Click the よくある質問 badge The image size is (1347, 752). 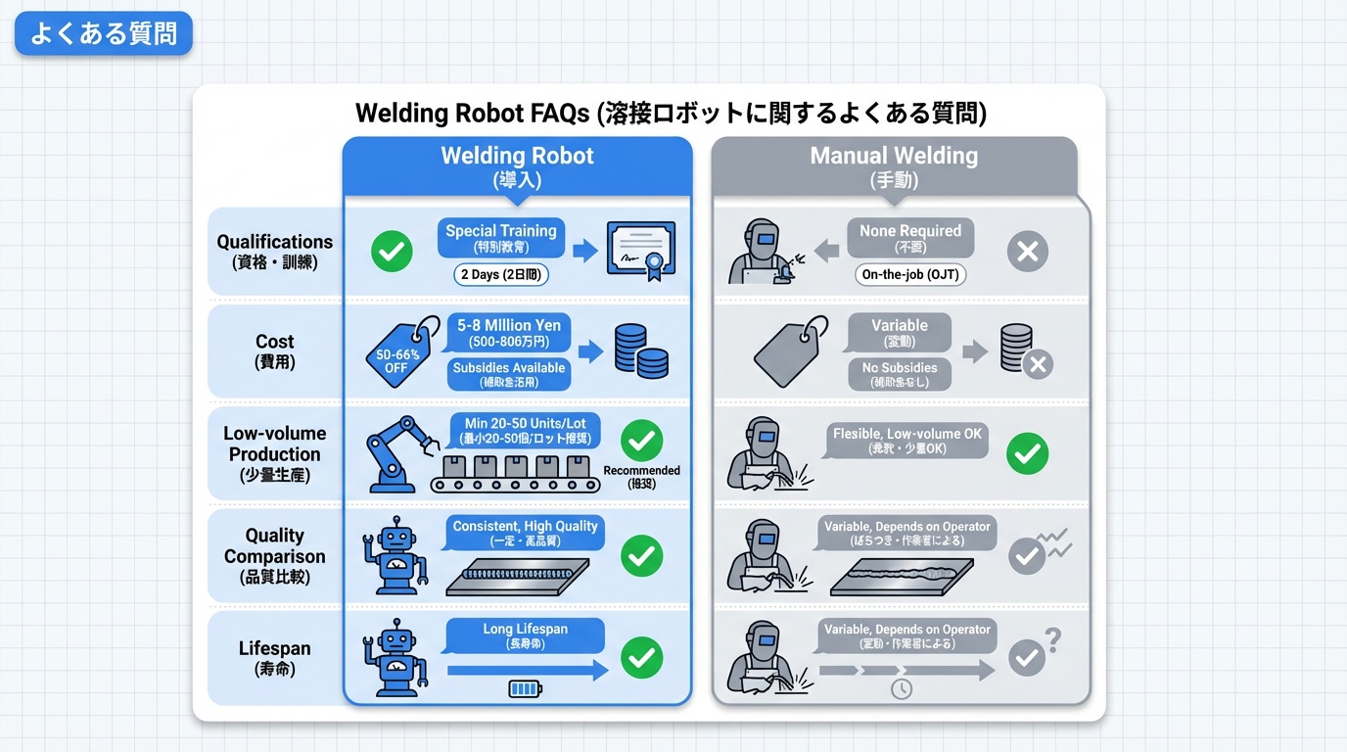[x=104, y=33]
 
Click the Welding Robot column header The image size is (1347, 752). [x=517, y=165]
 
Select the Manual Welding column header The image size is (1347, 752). [x=894, y=165]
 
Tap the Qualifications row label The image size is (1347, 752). [x=274, y=252]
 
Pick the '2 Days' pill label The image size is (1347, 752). [x=501, y=275]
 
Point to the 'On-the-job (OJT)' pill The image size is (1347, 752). [x=910, y=275]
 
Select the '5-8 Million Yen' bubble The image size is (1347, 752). [x=508, y=333]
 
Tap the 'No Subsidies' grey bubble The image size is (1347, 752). [x=899, y=374]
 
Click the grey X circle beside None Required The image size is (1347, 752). [x=1028, y=253]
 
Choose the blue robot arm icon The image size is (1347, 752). [x=395, y=451]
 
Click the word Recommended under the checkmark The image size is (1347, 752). [x=641, y=471]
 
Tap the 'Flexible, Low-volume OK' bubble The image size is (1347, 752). [x=907, y=441]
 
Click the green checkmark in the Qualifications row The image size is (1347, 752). [x=392, y=253]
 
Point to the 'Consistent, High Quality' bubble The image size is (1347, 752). [x=525, y=533]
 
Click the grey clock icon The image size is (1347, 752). [x=901, y=689]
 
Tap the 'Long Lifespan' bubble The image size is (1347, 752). [x=525, y=635]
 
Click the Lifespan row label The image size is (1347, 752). [x=274, y=658]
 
